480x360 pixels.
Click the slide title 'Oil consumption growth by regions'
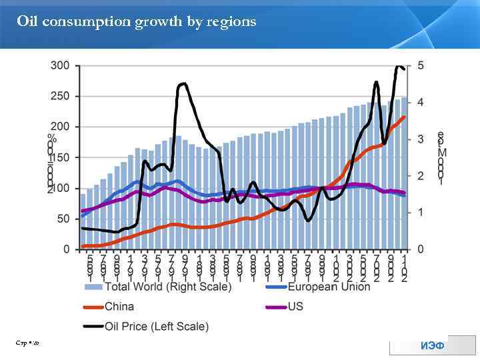(136, 22)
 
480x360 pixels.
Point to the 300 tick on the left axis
(61, 65)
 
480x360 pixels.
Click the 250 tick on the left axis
(61, 96)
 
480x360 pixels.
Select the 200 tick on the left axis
(61, 127)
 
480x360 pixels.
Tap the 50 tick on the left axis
(63, 219)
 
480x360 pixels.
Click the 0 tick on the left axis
(66, 249)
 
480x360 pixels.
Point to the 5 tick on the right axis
(421, 65)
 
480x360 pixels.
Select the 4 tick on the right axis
(421, 102)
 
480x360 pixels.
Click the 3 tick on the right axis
(421, 139)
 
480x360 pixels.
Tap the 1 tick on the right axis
(421, 213)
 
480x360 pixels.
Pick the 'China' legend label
(119, 307)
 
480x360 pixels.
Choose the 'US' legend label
(295, 307)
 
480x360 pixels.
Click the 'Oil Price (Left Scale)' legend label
(157, 327)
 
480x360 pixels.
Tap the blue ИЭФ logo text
(433, 345)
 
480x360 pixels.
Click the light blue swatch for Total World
(93, 287)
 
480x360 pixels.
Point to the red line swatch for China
(93, 307)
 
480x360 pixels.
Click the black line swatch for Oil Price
(93, 327)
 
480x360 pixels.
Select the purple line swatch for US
(275, 307)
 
